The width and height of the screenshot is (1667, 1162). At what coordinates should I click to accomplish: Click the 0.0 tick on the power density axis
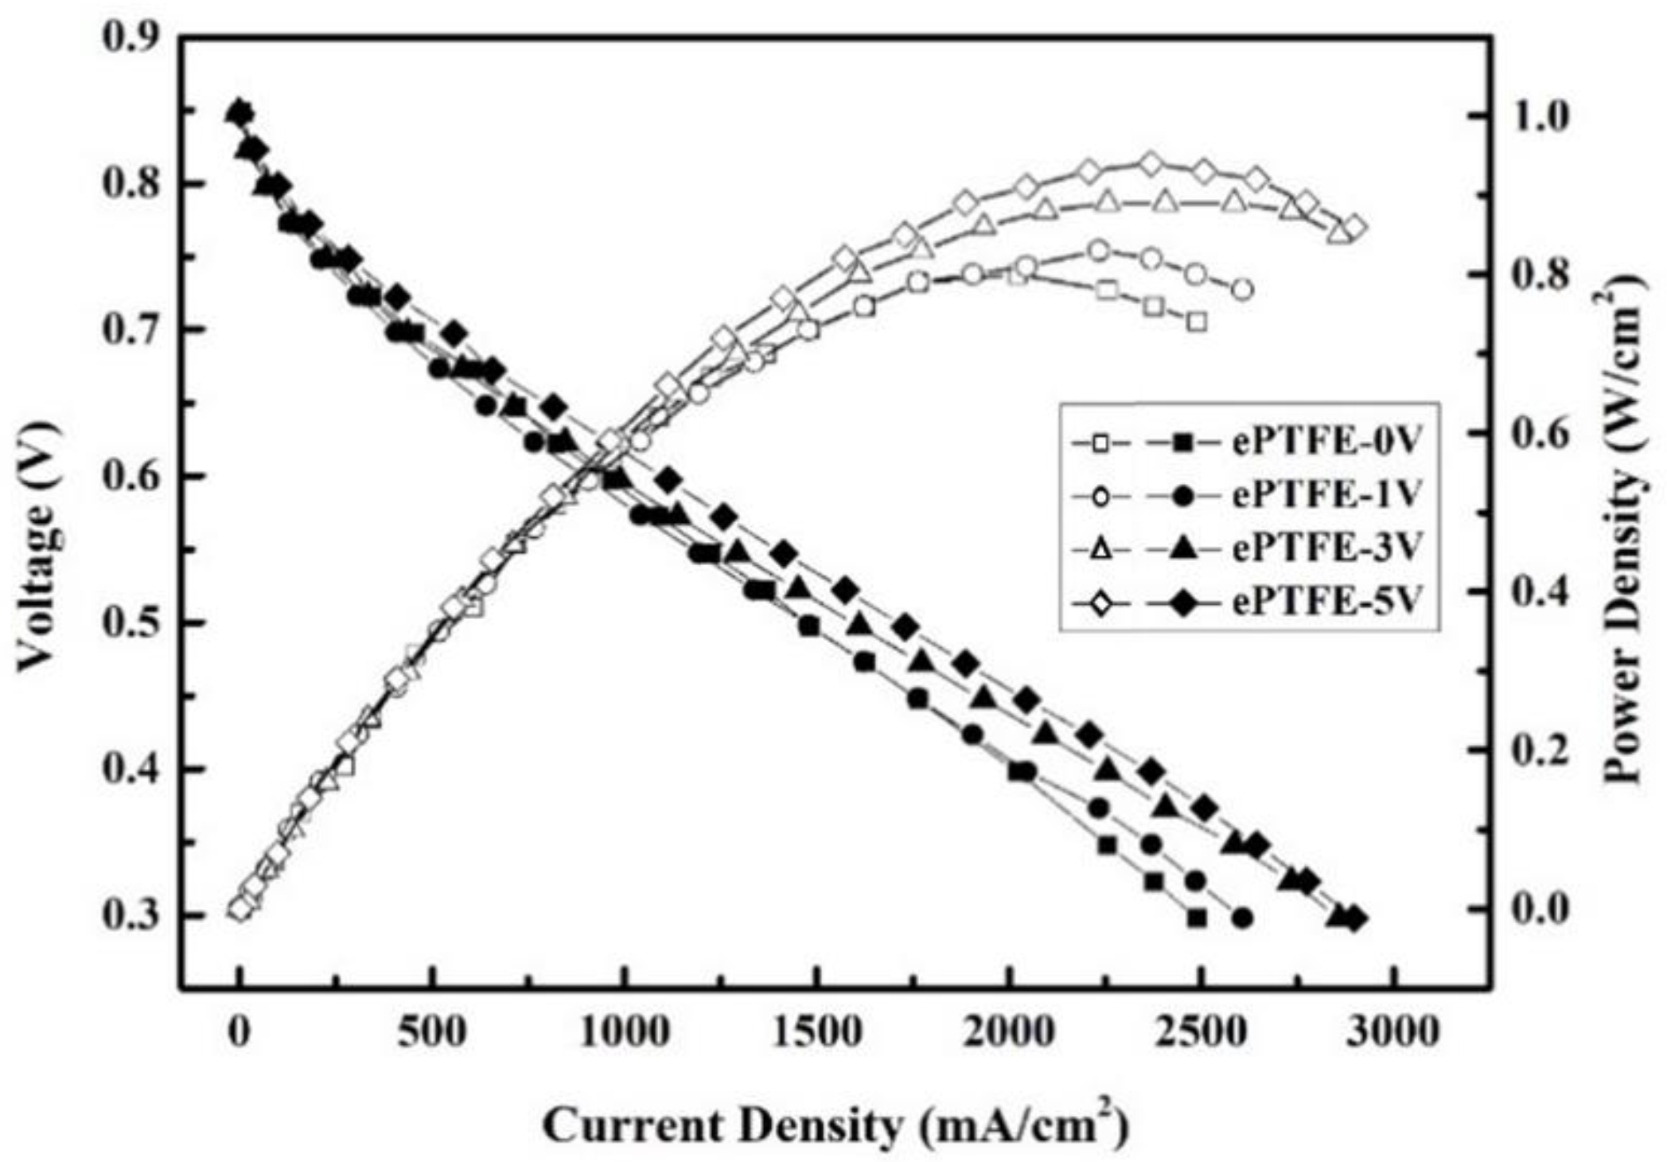click(x=1544, y=910)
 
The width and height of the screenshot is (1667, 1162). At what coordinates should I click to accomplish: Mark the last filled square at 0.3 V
click(x=1197, y=918)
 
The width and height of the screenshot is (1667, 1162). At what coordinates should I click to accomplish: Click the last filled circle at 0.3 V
click(x=1243, y=918)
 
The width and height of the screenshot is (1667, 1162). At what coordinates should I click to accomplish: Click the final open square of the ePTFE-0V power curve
click(x=1197, y=322)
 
